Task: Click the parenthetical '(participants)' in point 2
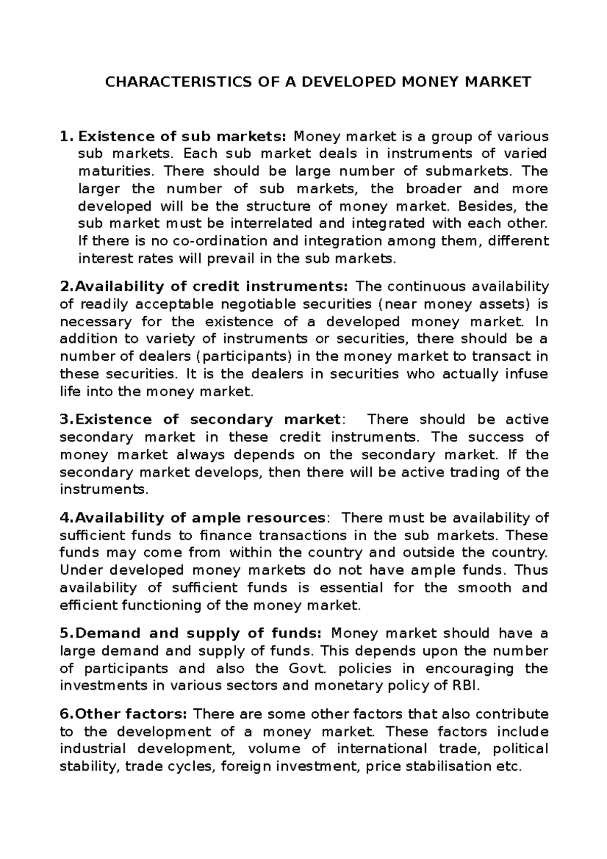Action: [243, 357]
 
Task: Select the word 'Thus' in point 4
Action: [531, 571]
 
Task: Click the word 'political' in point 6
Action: [521, 749]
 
